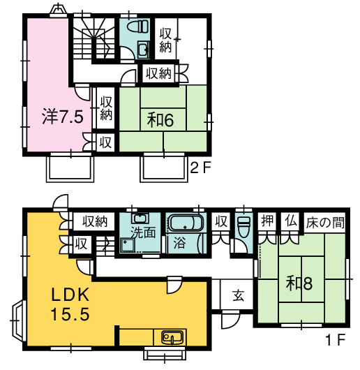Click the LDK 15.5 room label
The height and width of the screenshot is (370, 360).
(70, 304)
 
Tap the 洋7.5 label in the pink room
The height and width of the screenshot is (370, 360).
(63, 117)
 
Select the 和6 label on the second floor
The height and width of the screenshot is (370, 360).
(160, 119)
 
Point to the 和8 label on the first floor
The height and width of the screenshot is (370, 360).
(299, 283)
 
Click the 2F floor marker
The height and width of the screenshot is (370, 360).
(200, 168)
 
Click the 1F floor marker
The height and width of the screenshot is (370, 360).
(336, 340)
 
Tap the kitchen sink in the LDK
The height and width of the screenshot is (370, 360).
(172, 337)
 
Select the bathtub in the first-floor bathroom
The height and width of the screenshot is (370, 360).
(186, 223)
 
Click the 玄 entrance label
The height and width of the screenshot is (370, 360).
(238, 295)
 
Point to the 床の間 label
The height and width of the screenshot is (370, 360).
(325, 222)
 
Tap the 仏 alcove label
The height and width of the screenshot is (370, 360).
(290, 221)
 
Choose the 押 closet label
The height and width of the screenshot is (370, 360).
(267, 221)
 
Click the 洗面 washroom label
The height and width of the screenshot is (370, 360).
(143, 232)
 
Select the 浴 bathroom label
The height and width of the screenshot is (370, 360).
(179, 243)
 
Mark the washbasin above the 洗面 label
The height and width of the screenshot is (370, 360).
(140, 218)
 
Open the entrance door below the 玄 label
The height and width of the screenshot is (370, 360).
(231, 319)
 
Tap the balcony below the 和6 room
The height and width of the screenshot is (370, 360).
(164, 168)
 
